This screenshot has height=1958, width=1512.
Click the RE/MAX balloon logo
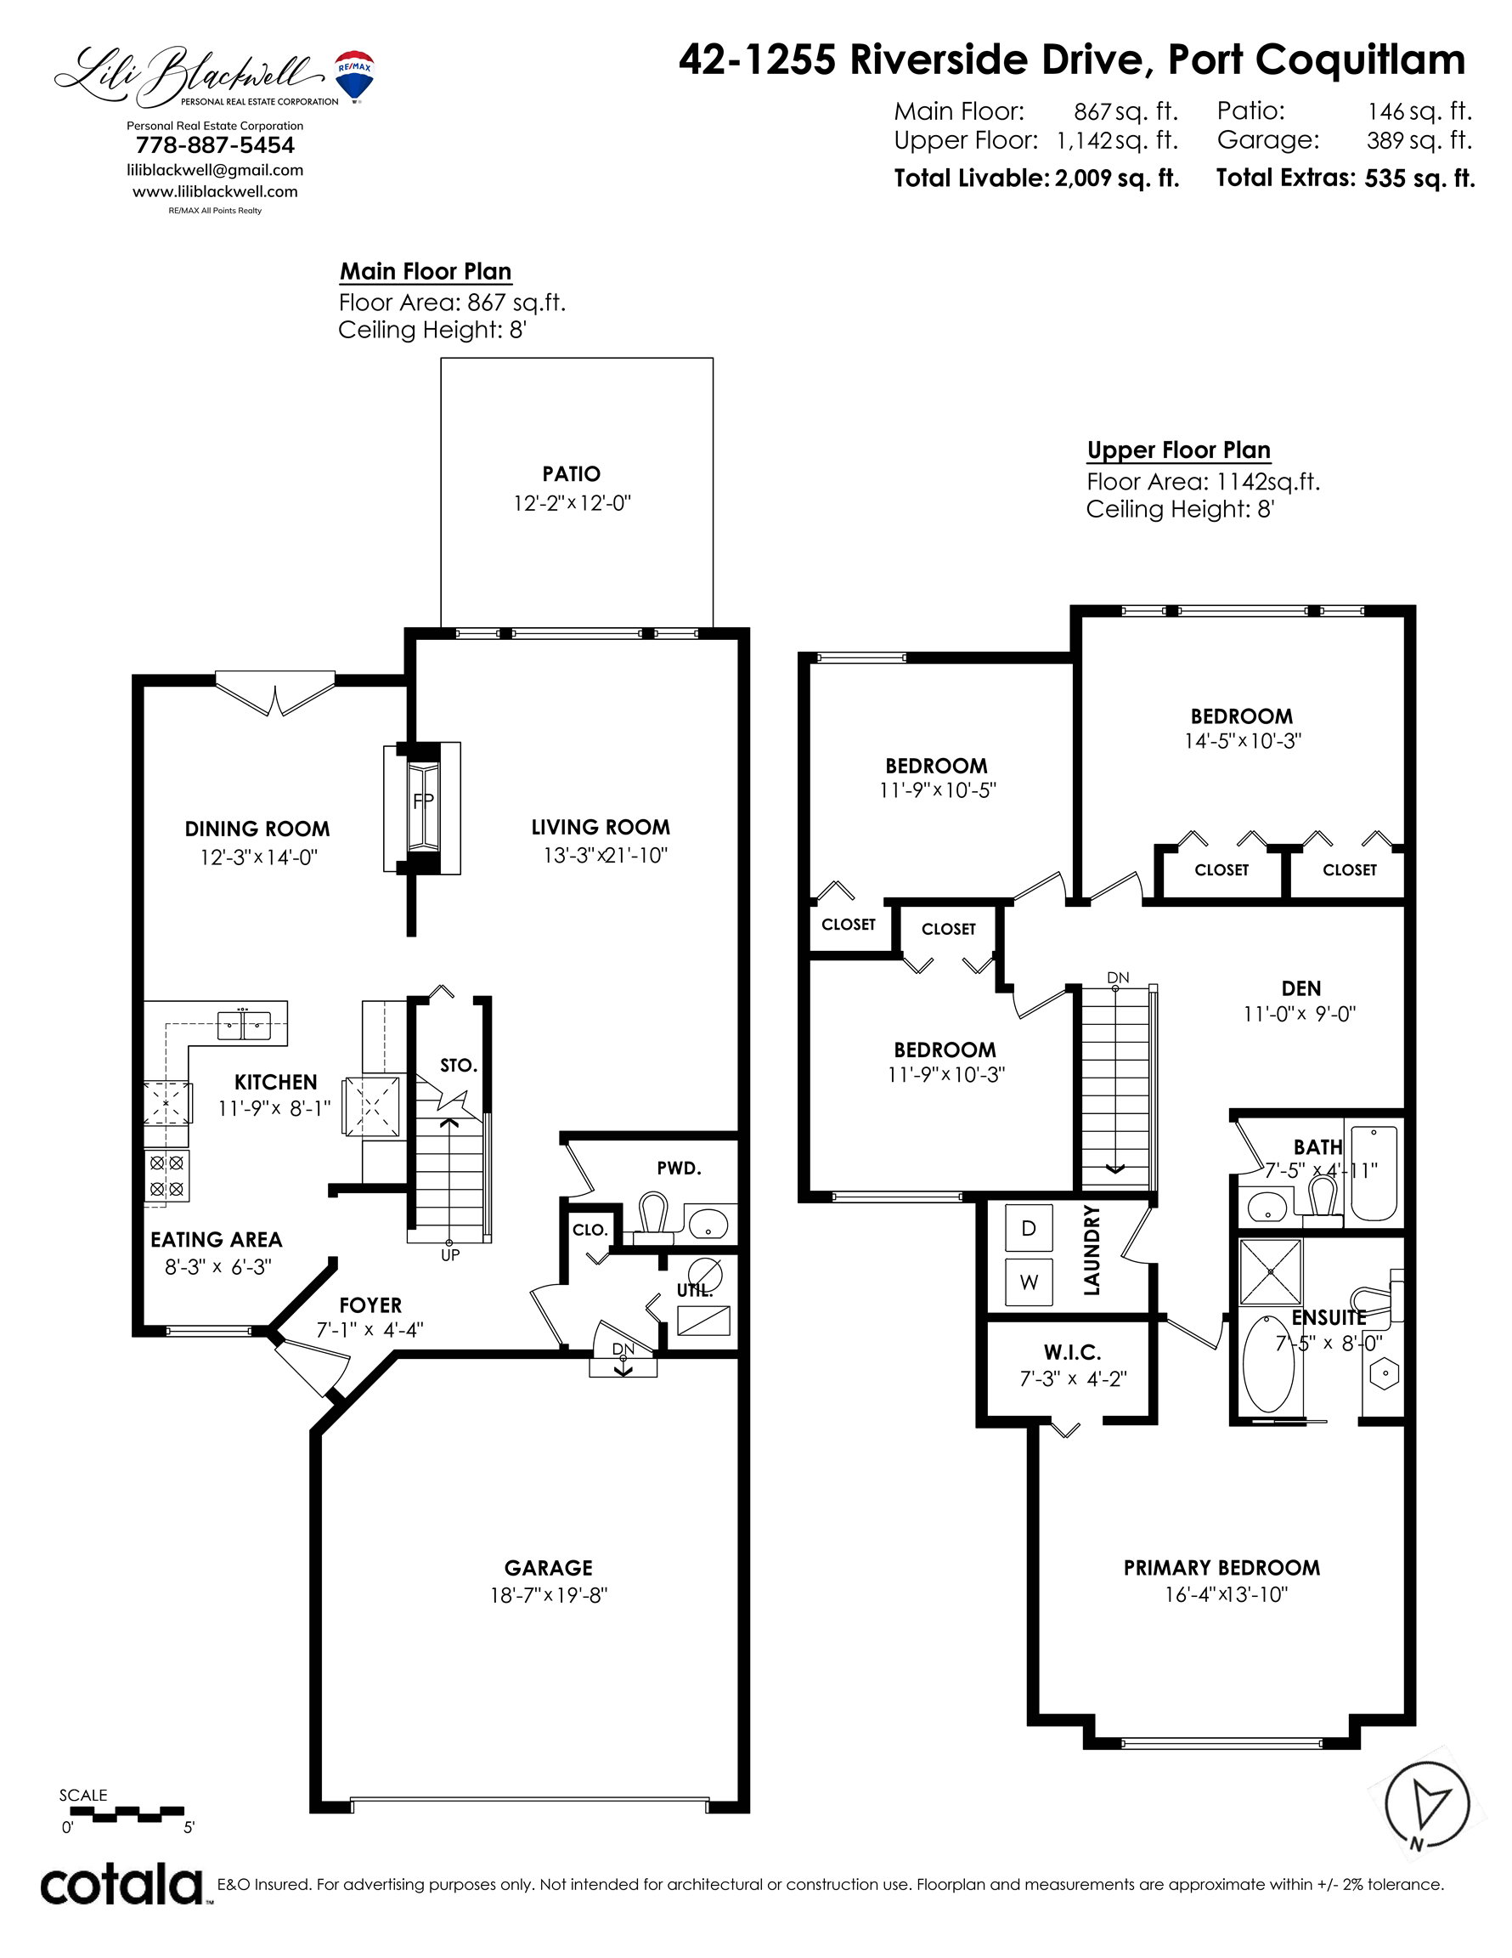pyautogui.click(x=355, y=76)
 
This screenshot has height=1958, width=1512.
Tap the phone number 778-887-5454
pyautogui.click(x=215, y=145)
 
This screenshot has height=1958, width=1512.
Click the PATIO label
pyautogui.click(x=572, y=473)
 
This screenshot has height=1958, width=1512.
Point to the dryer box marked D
pyautogui.click(x=1029, y=1228)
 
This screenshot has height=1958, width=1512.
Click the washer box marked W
pyautogui.click(x=1029, y=1282)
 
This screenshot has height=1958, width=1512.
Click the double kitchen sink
pyautogui.click(x=244, y=1025)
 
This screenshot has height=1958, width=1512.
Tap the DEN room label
pyautogui.click(x=1301, y=988)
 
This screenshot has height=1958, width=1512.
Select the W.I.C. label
pyautogui.click(x=1072, y=1352)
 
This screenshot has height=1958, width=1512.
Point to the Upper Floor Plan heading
pyautogui.click(x=1178, y=450)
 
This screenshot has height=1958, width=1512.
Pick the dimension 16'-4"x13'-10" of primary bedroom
pyautogui.click(x=1226, y=1594)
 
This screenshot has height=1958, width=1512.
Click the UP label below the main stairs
pyautogui.click(x=450, y=1255)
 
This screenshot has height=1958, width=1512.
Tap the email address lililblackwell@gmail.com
pyautogui.click(x=215, y=170)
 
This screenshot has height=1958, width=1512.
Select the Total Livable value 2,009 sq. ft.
pyautogui.click(x=1117, y=178)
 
